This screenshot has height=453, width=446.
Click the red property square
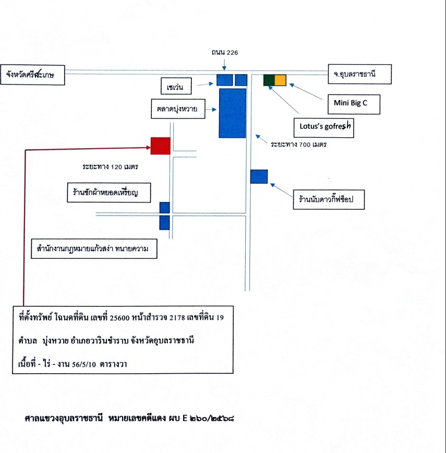(161, 146)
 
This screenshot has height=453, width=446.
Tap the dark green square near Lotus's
(269, 80)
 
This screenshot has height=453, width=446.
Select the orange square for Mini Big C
(280, 80)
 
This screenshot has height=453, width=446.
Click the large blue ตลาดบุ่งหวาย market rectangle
(232, 113)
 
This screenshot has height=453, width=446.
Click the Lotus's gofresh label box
(323, 127)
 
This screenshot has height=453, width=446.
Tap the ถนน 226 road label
(225, 52)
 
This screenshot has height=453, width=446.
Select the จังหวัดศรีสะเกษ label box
(33, 75)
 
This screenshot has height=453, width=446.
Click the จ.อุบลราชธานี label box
(360, 74)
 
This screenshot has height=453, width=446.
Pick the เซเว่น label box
(176, 86)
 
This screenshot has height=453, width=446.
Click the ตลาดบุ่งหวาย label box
(178, 109)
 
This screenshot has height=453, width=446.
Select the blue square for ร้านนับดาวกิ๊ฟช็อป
(259, 176)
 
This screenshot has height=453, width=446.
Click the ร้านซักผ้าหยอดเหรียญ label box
(109, 193)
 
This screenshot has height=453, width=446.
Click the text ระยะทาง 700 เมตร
(298, 144)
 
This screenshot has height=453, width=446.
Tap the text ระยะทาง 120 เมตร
(110, 166)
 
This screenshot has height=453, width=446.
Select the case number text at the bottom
(129, 418)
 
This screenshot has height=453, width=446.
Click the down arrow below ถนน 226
(224, 64)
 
